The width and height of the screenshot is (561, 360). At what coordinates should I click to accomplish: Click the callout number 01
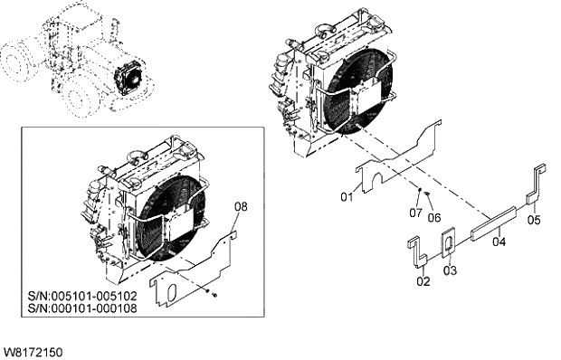tap(346, 196)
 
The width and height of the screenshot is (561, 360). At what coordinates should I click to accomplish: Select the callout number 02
tap(423, 282)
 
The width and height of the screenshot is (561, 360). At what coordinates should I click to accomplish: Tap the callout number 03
tap(450, 270)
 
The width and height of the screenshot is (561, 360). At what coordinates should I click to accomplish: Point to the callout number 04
tap(499, 242)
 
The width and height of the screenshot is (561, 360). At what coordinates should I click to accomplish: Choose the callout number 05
tap(534, 219)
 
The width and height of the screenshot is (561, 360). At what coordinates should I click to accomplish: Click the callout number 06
tap(434, 217)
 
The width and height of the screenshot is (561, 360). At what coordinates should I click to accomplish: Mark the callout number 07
tap(415, 213)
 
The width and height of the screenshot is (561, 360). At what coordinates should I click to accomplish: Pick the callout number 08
tap(240, 207)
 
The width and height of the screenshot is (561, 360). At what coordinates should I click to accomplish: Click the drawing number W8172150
tap(33, 349)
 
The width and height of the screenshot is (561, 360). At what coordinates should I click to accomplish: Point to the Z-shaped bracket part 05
tap(537, 185)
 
